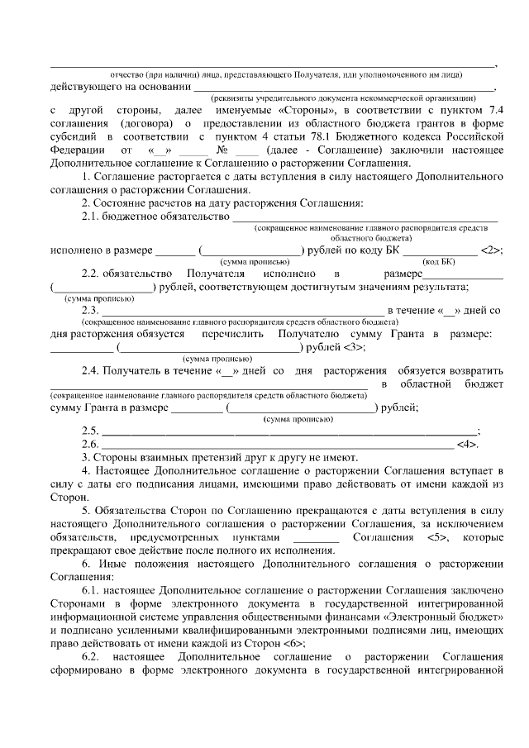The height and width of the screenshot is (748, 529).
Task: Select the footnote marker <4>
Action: (467, 444)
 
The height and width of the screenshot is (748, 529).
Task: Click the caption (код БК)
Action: (438, 262)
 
